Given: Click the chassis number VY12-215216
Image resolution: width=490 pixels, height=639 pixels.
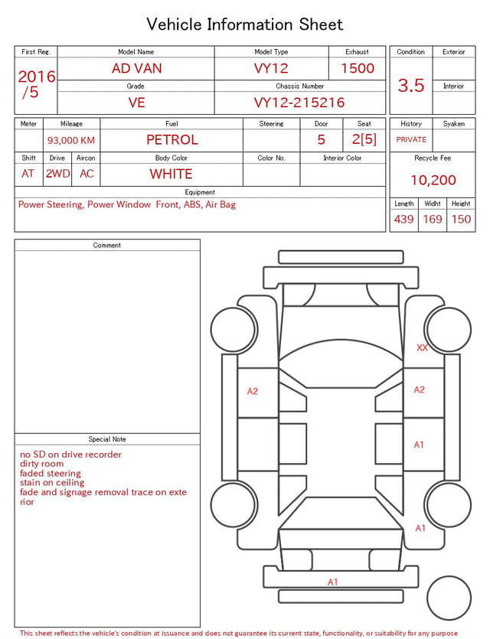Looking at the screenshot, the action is pyautogui.click(x=299, y=103).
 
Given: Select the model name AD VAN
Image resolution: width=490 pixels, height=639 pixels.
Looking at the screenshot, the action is pyautogui.click(x=136, y=68).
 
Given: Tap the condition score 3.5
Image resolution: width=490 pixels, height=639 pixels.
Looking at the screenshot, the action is pyautogui.click(x=411, y=86).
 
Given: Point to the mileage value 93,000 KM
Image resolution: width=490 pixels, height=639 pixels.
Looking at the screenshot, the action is pyautogui.click(x=71, y=140).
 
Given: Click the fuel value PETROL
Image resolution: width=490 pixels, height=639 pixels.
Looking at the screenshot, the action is pyautogui.click(x=172, y=140).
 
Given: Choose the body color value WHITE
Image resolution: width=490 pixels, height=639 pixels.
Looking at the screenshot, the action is pyautogui.click(x=171, y=174).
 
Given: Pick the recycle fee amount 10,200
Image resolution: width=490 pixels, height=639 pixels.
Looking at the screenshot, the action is pyautogui.click(x=433, y=180).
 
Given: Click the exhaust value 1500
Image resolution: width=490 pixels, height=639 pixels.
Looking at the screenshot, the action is pyautogui.click(x=358, y=68).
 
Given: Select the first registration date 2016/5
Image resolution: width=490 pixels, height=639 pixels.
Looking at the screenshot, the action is pyautogui.click(x=36, y=84).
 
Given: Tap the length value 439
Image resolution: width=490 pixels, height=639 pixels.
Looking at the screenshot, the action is pyautogui.click(x=403, y=219).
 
